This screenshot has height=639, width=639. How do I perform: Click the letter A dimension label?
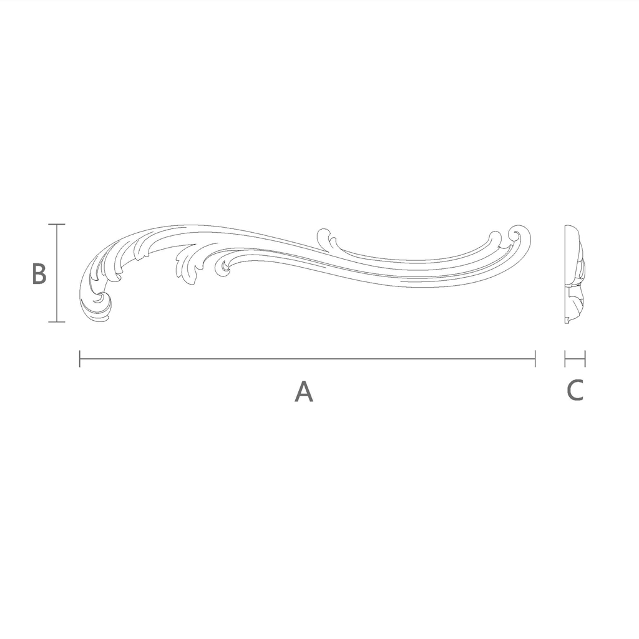tap(304, 391)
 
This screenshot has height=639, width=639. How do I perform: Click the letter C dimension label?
tap(575, 390)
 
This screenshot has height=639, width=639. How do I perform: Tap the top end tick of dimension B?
tap(57, 224)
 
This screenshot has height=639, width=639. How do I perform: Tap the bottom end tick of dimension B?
tap(57, 322)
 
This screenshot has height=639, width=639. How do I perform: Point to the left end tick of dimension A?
tap(80, 359)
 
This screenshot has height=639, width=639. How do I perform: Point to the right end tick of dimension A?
tap(535, 359)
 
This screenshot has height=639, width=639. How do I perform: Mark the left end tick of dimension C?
tap(565, 359)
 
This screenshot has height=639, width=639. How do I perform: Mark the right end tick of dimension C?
tap(585, 359)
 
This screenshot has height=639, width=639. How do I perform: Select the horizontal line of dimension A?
tap(307, 359)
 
